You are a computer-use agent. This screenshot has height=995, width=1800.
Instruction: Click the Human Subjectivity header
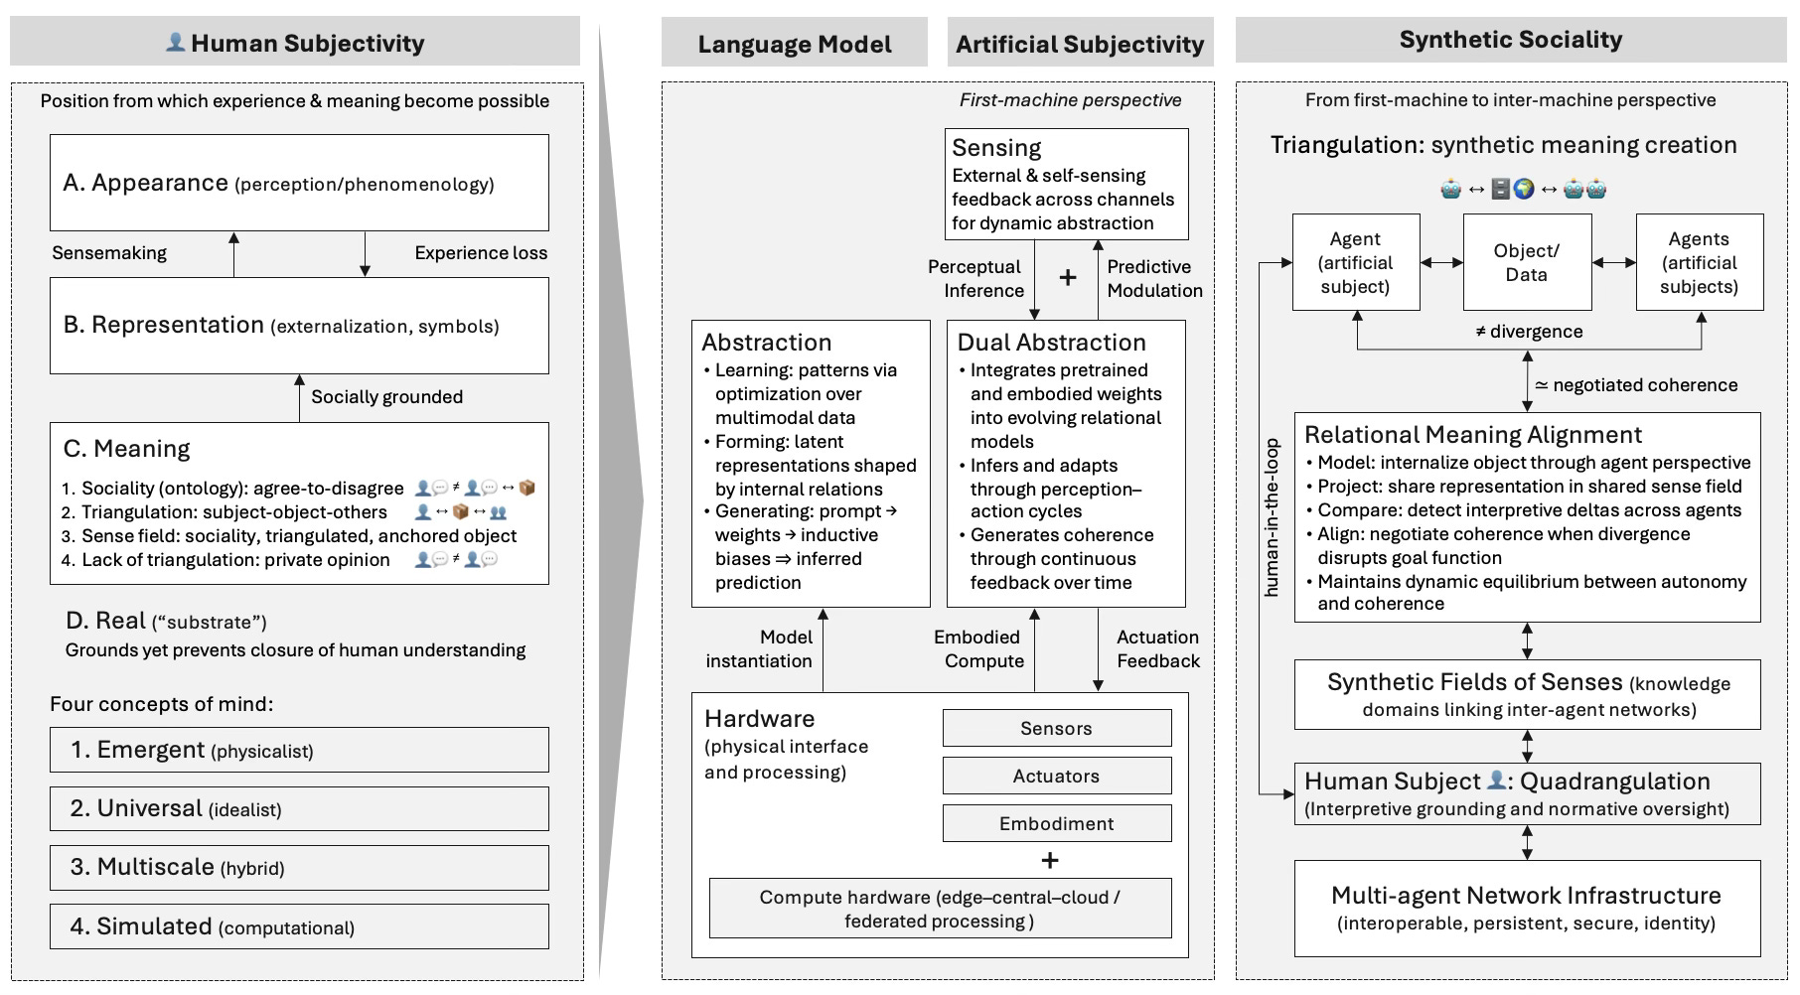click(295, 43)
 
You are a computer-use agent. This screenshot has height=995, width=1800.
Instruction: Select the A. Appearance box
click(299, 183)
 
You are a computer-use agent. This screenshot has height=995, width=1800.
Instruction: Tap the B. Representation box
click(299, 325)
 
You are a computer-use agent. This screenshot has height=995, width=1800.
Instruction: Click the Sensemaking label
click(109, 253)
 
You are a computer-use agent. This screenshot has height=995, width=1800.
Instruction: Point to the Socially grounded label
click(386, 397)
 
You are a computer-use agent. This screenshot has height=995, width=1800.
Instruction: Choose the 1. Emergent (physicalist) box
click(299, 750)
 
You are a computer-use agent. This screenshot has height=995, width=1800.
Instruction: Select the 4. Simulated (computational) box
click(299, 926)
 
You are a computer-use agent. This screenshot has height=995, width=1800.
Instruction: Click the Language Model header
click(794, 44)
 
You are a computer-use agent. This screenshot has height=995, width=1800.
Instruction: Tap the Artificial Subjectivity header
click(1080, 44)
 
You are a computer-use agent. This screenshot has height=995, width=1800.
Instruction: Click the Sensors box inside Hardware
click(1056, 729)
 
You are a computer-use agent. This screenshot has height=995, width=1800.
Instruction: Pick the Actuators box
click(1056, 777)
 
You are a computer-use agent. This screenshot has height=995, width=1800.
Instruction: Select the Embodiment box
click(1056, 824)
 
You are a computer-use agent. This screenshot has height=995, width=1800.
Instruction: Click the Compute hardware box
click(940, 909)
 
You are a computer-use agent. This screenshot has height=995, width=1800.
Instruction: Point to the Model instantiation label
click(759, 649)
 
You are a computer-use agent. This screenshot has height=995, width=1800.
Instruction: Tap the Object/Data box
click(1527, 263)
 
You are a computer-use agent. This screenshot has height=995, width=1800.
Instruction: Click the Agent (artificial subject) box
click(1355, 263)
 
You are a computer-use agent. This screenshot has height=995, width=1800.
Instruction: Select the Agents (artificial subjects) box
click(1699, 263)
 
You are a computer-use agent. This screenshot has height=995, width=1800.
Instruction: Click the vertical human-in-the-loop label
click(1272, 517)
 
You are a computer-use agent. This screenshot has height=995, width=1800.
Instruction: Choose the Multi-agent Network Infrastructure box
click(1527, 908)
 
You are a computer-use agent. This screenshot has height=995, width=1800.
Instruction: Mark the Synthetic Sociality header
click(1510, 40)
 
